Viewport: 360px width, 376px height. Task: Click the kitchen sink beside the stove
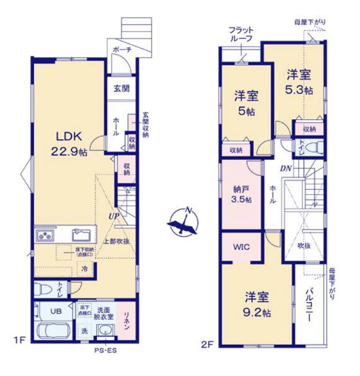pos(81,236)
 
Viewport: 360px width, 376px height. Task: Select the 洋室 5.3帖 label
pos(299,82)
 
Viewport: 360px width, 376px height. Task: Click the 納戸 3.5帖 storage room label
pos(241,194)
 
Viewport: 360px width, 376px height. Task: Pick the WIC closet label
pos(242,247)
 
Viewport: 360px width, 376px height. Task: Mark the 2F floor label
pos(207,344)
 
